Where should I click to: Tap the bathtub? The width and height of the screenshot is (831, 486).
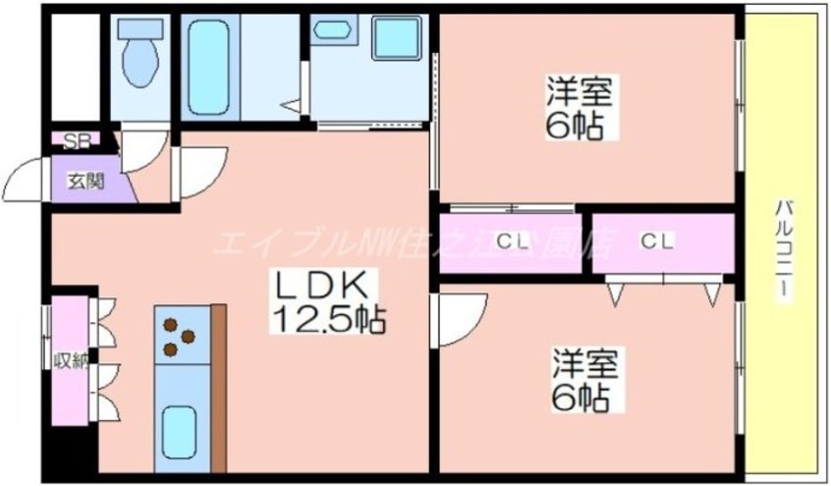coord(207,65)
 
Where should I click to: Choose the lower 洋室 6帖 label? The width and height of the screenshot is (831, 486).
coord(583,381)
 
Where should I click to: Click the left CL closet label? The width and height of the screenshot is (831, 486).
coord(510,241)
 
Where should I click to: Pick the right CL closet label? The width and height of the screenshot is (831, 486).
coord(656,241)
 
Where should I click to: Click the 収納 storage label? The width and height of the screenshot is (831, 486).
coord(70,360)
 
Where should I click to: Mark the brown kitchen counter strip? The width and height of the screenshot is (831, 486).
coord(218,388)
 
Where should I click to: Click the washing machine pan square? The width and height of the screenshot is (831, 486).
coord(397,38)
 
